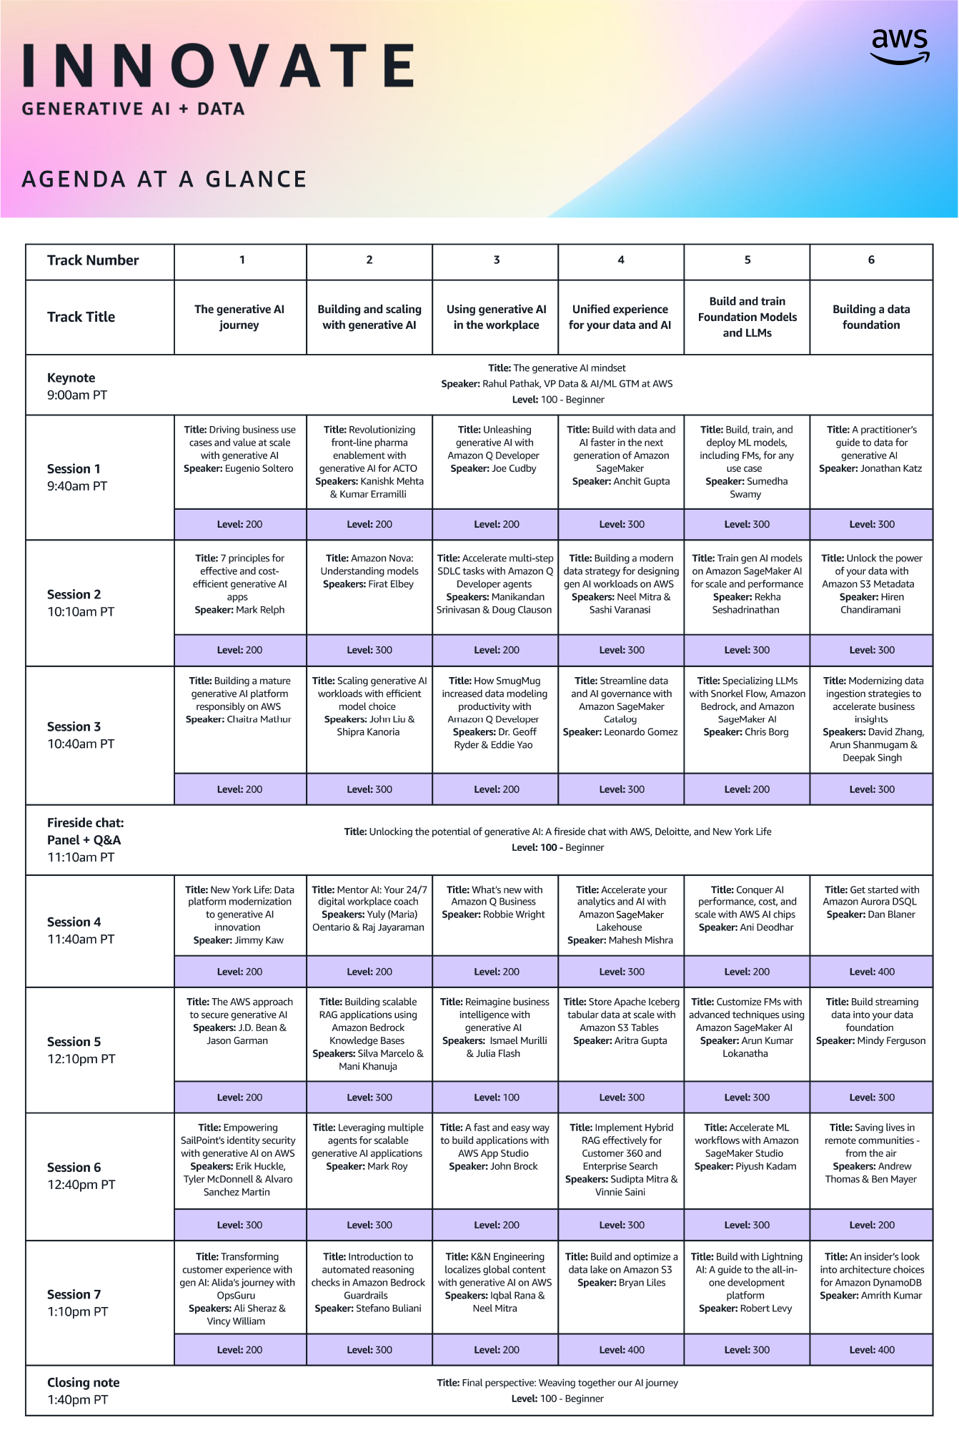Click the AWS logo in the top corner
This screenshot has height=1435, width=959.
(x=900, y=46)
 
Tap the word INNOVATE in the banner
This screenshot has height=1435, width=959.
(x=218, y=65)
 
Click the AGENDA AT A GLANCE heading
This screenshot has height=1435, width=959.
(x=164, y=179)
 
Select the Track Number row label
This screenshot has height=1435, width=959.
(x=93, y=260)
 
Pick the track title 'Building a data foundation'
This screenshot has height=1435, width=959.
(x=870, y=317)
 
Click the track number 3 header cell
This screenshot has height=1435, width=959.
(x=496, y=260)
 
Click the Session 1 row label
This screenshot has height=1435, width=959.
(x=77, y=477)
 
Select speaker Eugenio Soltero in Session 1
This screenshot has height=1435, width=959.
(x=259, y=468)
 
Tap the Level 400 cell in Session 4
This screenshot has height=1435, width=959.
(x=871, y=972)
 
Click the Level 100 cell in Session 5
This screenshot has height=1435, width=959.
(x=496, y=1097)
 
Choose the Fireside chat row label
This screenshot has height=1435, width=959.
(x=85, y=839)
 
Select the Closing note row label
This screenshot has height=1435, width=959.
(x=83, y=1390)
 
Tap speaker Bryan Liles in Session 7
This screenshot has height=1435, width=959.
(x=641, y=1283)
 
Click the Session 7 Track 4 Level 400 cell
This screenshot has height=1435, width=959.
(x=621, y=1350)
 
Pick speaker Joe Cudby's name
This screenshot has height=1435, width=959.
(x=514, y=468)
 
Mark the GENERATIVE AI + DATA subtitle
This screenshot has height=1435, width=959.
(x=133, y=109)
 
